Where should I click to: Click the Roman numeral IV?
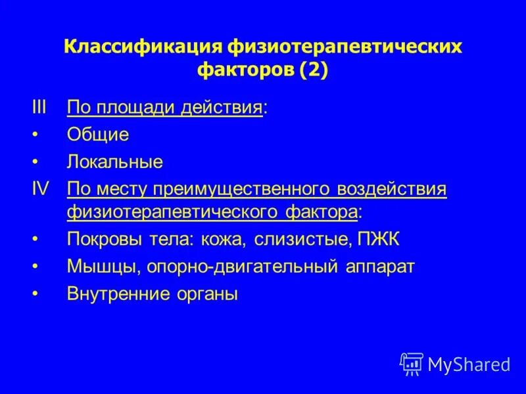tap(41, 189)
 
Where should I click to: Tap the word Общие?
tap(97, 135)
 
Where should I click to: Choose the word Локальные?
tap(114, 162)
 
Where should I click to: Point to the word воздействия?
tap(392, 189)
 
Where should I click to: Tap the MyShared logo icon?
tap(411, 363)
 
